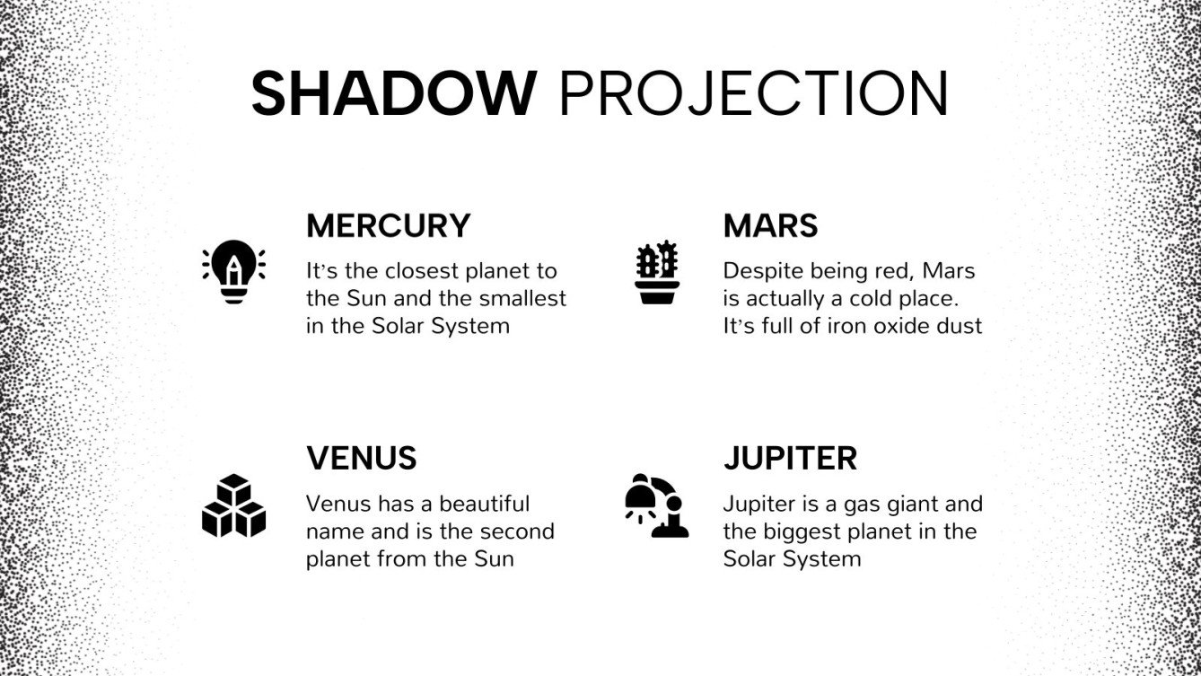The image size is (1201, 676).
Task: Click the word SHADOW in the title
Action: pos(394,93)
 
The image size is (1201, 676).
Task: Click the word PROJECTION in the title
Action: pos(754,93)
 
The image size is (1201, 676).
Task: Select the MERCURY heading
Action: pos(388,225)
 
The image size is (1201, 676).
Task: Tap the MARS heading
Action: pos(770,225)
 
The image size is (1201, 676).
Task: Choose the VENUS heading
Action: pos(362,459)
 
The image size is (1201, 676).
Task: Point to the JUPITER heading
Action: pos(790,459)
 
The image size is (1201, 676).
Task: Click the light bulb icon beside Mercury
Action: pos(233,272)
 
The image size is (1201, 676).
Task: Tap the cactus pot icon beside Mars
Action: pos(657,272)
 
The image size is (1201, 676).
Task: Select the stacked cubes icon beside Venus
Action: pos(233,505)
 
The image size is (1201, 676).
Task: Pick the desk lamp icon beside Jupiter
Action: pos(657,505)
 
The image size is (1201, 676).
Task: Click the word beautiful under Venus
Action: pos(484,504)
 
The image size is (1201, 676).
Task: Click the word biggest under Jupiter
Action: pos(797,532)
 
